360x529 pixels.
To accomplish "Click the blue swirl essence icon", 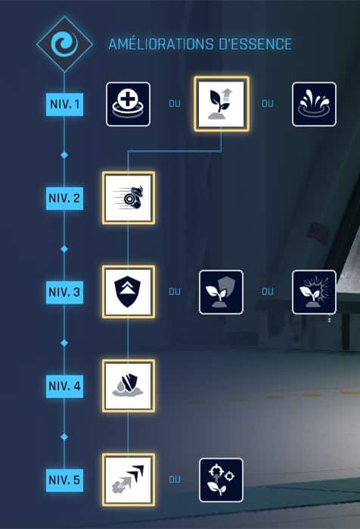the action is tap(64, 44).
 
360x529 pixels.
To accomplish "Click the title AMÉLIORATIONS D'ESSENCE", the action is tap(200, 44).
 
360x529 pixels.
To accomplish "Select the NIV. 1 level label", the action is tap(65, 104).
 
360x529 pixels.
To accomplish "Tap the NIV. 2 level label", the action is tap(65, 198).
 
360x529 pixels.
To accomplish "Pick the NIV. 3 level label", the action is tap(65, 292).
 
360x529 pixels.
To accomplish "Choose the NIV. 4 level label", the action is tap(65, 386).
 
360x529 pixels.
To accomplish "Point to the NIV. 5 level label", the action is tap(65, 480).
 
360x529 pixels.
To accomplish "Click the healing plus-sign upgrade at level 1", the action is tap(128, 104).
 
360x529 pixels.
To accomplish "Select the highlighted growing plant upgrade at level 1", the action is tap(222, 104).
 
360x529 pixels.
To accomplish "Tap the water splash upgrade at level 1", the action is tap(314, 104).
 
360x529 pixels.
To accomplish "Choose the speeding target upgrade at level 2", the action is tap(129, 198).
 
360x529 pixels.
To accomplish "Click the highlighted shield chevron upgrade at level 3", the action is tap(129, 292).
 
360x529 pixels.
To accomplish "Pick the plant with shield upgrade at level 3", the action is tap(221, 292).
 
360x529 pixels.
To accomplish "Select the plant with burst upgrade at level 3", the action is tap(314, 292).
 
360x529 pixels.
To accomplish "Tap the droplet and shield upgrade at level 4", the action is tap(129, 386).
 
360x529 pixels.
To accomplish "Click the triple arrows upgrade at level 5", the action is tap(129, 480).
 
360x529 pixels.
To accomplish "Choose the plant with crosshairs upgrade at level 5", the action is tap(221, 480).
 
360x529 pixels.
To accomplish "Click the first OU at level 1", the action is tap(175, 104).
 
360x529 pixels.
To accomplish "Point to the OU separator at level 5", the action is tap(175, 479).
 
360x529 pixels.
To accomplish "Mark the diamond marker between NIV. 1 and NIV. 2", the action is tap(64, 155).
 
